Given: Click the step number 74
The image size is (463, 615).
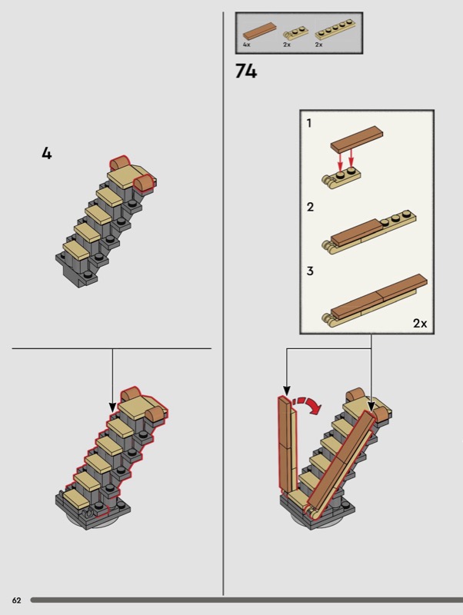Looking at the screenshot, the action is tap(246, 71).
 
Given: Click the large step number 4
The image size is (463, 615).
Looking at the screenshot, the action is tap(47, 153).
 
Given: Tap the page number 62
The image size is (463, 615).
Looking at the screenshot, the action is tap(16, 600).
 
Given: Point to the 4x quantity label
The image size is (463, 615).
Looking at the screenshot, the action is tap(246, 45).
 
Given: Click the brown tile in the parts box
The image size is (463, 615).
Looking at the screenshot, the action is tap(259, 31).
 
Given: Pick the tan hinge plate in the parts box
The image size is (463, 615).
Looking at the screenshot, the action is tap(296, 33).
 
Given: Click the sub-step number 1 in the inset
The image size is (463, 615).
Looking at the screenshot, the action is tap(309, 123).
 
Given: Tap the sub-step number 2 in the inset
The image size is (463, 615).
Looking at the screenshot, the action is tap(310, 207).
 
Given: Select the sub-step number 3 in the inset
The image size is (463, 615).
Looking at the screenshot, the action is tap(310, 271).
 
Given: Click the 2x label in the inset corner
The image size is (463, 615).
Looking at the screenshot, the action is tap(420, 323).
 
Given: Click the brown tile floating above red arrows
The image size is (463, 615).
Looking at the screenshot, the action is tap(357, 139).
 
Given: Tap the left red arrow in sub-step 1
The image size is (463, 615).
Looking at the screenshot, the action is tap(340, 159).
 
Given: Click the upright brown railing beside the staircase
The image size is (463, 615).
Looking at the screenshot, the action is tap(287, 444).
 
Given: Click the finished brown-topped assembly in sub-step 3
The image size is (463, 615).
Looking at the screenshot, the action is tap(375, 300).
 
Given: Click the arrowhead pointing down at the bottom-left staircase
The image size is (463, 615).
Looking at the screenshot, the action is tap(112, 407).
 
